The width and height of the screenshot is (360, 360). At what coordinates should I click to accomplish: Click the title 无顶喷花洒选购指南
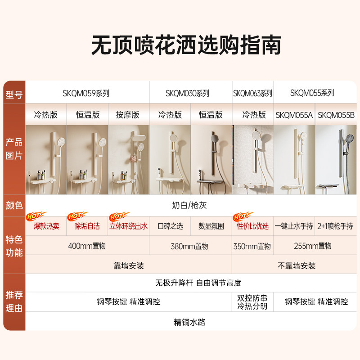[x=186, y=45]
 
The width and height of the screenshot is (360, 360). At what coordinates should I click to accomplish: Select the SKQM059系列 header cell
[x=86, y=94]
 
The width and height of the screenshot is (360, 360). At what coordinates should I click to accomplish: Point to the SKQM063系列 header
[x=252, y=94]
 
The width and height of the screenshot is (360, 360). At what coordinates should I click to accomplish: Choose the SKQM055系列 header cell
[x=312, y=93]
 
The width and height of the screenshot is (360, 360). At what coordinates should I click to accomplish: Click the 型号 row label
[x=14, y=95]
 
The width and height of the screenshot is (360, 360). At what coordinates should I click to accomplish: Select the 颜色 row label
[x=14, y=206]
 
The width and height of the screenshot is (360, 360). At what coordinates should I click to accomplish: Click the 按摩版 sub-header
[x=128, y=115]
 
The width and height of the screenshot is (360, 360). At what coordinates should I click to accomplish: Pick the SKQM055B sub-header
[x=336, y=115]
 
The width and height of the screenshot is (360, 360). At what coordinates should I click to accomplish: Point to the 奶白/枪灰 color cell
[x=189, y=206]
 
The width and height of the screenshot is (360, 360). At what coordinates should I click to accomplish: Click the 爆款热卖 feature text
[x=46, y=226]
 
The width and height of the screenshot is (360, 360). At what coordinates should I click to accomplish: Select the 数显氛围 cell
[x=211, y=226]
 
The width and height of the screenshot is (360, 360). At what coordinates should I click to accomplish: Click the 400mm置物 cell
[x=87, y=246]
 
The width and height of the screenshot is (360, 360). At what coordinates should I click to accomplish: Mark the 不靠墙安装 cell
[x=296, y=265]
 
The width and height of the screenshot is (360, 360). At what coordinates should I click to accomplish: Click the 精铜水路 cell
[x=189, y=322]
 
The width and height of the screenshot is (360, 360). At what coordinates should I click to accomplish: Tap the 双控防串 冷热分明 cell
[x=252, y=302]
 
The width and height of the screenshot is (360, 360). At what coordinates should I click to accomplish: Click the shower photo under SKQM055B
[x=336, y=160]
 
